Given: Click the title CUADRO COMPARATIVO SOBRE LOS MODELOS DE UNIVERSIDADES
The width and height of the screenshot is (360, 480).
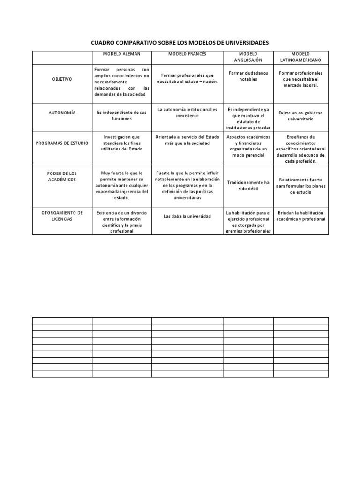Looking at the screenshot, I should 180,43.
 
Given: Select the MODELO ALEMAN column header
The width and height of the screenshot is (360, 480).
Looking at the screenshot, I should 121,54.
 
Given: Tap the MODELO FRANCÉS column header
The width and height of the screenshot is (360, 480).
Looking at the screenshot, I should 187,54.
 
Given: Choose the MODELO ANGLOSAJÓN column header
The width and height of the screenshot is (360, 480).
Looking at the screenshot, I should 248,57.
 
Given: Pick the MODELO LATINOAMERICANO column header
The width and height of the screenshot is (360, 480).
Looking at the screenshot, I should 300,57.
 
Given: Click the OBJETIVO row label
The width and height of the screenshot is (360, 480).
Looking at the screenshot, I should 62,79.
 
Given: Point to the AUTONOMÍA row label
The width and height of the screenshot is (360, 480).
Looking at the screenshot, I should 62,113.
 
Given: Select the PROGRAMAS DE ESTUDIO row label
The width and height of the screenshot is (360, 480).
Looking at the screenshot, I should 62,142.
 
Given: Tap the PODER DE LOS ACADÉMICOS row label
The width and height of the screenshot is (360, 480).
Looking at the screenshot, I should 62,176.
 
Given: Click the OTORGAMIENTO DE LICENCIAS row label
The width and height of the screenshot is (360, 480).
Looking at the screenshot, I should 62,216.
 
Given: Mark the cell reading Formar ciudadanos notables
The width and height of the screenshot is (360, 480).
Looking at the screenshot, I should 248,76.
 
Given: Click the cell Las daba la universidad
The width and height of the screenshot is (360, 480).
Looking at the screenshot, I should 187,216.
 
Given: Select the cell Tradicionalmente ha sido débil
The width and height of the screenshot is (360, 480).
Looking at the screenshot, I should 248,185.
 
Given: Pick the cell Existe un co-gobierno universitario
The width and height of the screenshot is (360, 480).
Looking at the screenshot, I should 301,116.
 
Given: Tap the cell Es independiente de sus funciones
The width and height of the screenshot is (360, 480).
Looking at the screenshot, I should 121,116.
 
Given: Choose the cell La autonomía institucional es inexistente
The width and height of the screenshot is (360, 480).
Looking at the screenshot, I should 187,112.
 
